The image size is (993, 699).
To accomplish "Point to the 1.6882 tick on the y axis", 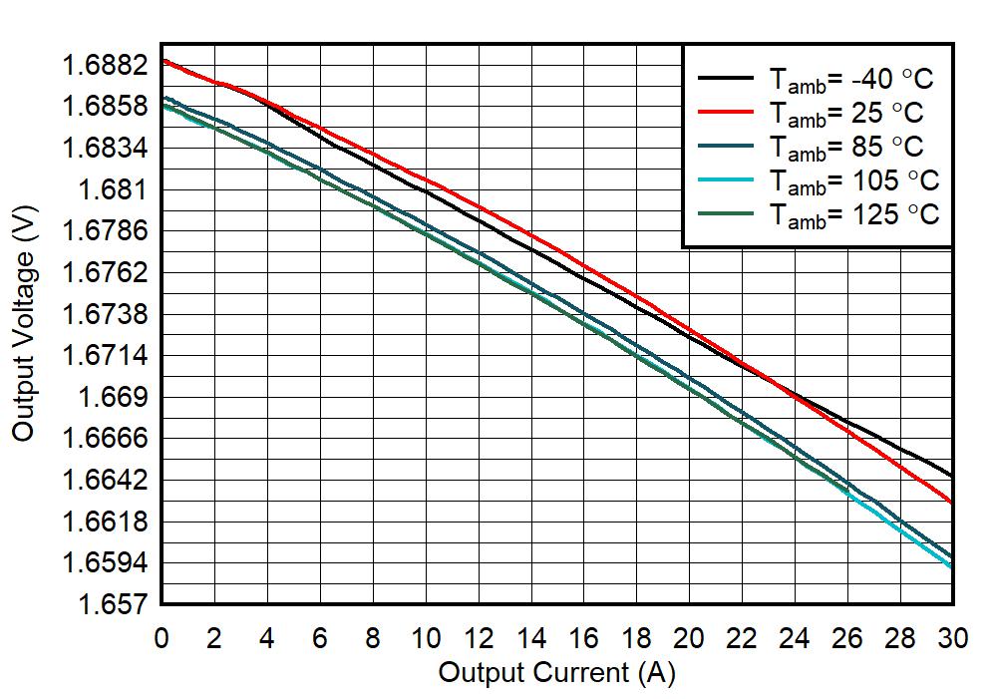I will tap(105, 66).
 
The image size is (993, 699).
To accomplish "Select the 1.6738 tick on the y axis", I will tap(105, 315).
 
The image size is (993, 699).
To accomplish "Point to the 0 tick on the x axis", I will tap(162, 639).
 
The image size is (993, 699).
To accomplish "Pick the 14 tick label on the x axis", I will tap(531, 639).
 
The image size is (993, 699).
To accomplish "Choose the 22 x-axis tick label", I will tap(743, 639).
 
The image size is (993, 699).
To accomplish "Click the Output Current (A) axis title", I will tap(556, 673).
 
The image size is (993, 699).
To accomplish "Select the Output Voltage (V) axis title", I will tap(24, 329).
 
